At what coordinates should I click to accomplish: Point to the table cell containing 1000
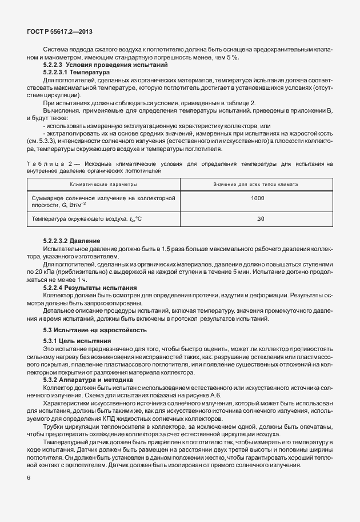(x=257, y=197)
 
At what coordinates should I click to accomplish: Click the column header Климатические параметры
(x=103, y=185)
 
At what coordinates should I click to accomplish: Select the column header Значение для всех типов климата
(x=257, y=185)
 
